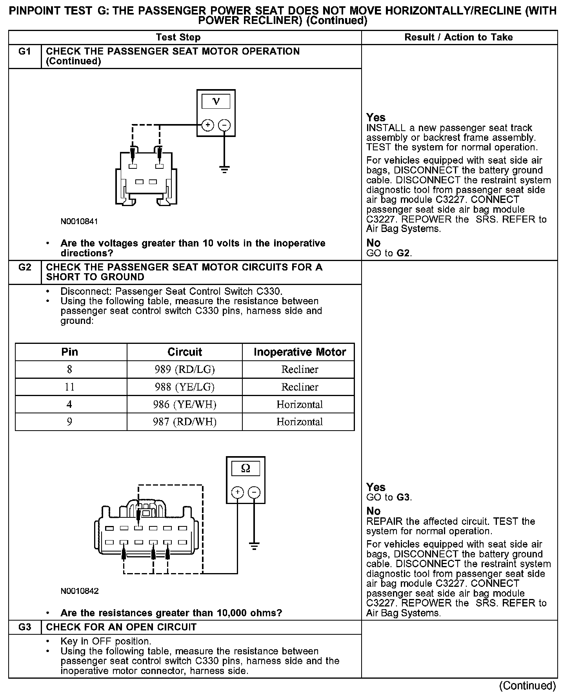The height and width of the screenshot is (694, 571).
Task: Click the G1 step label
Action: tap(24, 51)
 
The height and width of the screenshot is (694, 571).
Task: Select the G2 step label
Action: tap(24, 267)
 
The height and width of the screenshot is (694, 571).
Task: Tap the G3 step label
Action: tap(24, 627)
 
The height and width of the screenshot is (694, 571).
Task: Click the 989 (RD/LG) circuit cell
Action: tap(184, 369)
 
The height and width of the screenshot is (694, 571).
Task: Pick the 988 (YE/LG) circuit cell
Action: tap(184, 387)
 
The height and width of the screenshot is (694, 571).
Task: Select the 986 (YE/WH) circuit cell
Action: tap(184, 404)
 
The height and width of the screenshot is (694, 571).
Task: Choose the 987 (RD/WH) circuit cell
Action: tap(184, 422)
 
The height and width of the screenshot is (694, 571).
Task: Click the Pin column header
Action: tap(70, 352)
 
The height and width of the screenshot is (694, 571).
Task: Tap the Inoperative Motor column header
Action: tap(300, 352)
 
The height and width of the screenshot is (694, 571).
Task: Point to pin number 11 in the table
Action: tap(69, 387)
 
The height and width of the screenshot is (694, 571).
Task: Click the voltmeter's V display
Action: tap(216, 102)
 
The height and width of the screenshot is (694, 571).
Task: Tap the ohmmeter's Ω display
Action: tap(245, 468)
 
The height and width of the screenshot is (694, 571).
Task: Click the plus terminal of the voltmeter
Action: tap(207, 125)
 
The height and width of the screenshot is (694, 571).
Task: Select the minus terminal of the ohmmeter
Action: tap(254, 492)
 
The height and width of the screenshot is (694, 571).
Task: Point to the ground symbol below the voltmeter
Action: tap(224, 170)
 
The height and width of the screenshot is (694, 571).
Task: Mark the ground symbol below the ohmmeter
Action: tap(254, 546)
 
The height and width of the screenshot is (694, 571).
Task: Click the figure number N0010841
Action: tap(79, 221)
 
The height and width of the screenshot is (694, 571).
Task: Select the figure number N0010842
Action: tap(79, 591)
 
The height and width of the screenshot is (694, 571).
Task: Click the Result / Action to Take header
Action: tap(458, 37)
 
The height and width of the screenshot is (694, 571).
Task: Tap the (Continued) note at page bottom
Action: tap(527, 685)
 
